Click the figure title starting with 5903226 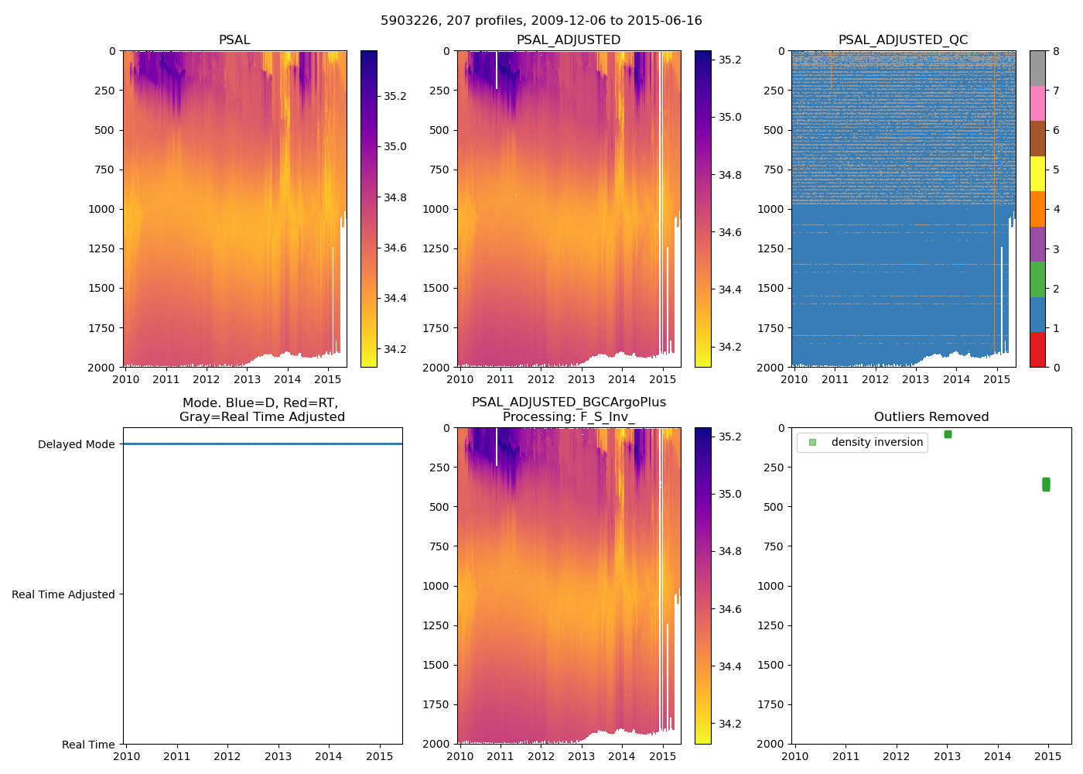click(541, 21)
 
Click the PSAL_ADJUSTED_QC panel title click(903, 40)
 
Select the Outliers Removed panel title click(931, 417)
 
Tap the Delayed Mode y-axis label click(76, 444)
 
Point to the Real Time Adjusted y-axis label click(63, 594)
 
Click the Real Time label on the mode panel click(88, 745)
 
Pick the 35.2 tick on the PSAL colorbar click(395, 96)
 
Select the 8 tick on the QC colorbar click(1056, 51)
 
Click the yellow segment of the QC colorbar click(1037, 174)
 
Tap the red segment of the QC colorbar click(1037, 350)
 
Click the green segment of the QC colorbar click(1037, 279)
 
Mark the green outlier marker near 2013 click(948, 434)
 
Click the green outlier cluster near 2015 click(1046, 485)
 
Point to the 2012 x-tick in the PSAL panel click(207, 379)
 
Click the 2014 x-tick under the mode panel click(329, 756)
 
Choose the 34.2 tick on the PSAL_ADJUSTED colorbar click(729, 347)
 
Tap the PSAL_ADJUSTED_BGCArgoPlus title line click(569, 402)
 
